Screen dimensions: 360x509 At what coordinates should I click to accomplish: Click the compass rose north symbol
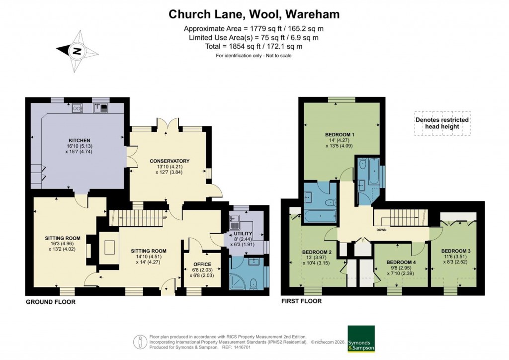(76, 50)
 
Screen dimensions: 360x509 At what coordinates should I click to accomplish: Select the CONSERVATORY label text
(170, 161)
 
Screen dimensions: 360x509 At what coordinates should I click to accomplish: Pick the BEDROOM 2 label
(317, 252)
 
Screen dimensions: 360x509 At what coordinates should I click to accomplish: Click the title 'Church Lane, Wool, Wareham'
(254, 14)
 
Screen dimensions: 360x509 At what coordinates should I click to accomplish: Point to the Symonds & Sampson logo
(360, 339)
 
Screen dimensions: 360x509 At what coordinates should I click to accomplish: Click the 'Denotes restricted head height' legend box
(442, 123)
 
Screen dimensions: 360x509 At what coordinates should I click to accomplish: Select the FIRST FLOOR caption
(302, 301)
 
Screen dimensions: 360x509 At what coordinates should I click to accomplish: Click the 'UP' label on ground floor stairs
(165, 217)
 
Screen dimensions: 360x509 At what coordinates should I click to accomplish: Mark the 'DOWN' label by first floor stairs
(382, 230)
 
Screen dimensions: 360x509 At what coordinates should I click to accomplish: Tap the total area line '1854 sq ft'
(254, 46)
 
